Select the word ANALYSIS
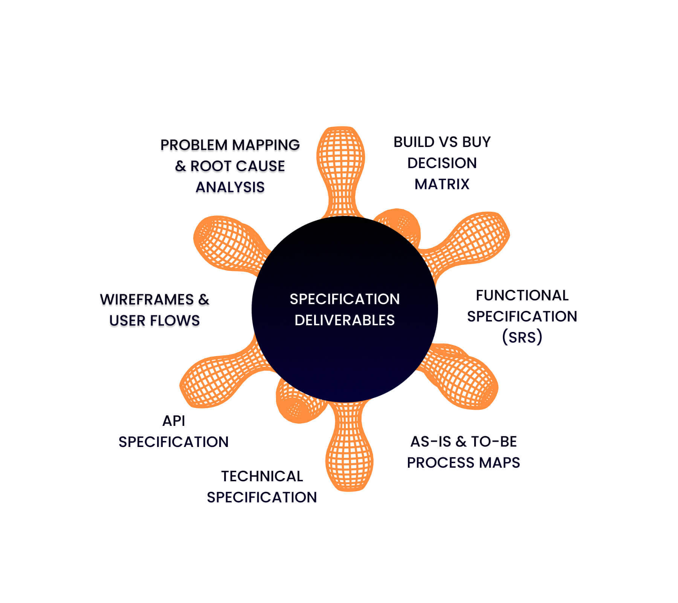click(x=230, y=187)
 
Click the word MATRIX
click(x=442, y=184)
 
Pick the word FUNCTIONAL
click(x=522, y=295)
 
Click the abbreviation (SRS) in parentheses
click(x=522, y=337)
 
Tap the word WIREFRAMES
click(x=147, y=300)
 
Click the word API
click(x=174, y=421)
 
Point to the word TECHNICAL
click(x=262, y=476)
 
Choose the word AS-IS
click(x=431, y=442)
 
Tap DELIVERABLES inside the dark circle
click(x=345, y=320)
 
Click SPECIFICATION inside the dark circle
click(x=345, y=299)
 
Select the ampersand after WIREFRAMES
click(x=203, y=300)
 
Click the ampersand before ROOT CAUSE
click(x=180, y=166)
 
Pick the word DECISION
click(x=442, y=163)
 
